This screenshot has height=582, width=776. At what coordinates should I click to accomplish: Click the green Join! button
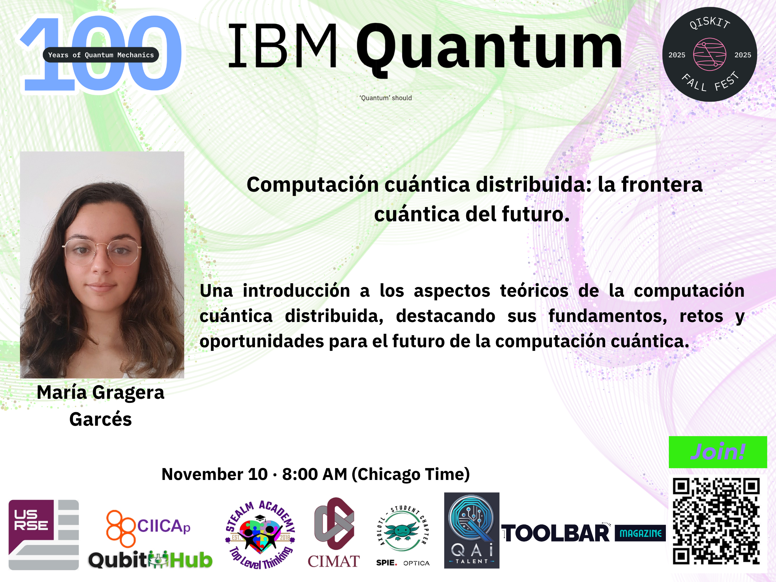(718, 452)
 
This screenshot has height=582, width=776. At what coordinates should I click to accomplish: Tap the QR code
(716, 521)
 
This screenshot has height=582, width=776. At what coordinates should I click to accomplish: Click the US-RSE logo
(43, 535)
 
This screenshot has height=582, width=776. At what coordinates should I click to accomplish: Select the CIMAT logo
(334, 532)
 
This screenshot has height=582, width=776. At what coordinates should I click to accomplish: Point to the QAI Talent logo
(472, 530)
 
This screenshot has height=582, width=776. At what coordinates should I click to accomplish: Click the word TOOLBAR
(556, 533)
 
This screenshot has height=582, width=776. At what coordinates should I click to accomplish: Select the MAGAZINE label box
(640, 533)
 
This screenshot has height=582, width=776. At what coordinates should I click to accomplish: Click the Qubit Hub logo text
(150, 560)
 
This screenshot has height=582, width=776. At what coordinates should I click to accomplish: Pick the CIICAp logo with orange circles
(149, 528)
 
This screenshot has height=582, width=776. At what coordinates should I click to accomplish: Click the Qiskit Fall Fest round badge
(710, 54)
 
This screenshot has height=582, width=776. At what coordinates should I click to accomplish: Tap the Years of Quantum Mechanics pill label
(101, 55)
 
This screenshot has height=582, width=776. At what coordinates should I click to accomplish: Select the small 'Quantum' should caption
(386, 98)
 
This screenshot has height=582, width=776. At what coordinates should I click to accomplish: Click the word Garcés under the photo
(101, 419)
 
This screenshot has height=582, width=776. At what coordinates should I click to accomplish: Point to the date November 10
(214, 474)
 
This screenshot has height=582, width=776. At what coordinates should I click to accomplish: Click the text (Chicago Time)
(411, 475)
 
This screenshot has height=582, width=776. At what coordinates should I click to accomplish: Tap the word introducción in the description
(296, 290)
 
